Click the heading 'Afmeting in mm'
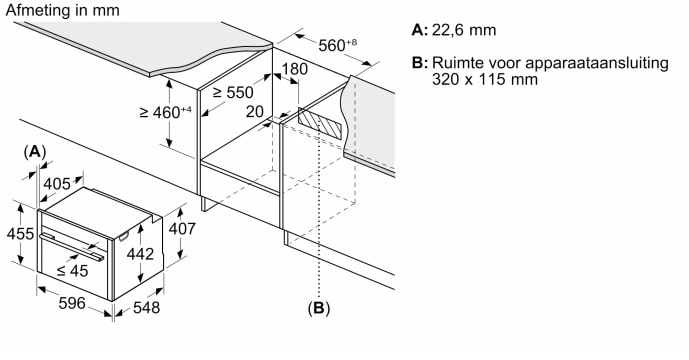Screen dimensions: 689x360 point(62,11)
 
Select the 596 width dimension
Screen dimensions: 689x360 point(72,303)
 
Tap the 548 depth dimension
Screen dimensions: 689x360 point(146,307)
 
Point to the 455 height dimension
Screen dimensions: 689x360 point(20,233)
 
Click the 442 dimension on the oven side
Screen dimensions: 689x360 point(140,254)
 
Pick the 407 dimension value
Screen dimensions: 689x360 point(182,229)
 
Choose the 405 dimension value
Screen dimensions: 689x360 point(57,183)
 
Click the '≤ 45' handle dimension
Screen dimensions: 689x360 point(73,271)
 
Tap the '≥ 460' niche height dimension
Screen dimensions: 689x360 point(166,112)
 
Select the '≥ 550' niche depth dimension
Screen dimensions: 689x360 point(233,92)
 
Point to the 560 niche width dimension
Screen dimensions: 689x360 point(337,45)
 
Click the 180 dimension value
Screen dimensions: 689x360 point(294,69)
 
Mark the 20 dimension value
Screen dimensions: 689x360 point(254,112)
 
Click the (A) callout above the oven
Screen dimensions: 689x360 point(34,152)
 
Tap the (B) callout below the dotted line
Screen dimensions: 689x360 point(319,308)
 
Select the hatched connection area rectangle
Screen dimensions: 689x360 point(319,124)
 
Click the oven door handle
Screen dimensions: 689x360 point(73,246)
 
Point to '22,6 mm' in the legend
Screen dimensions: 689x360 point(464,30)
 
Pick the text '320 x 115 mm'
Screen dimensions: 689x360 point(485,80)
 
